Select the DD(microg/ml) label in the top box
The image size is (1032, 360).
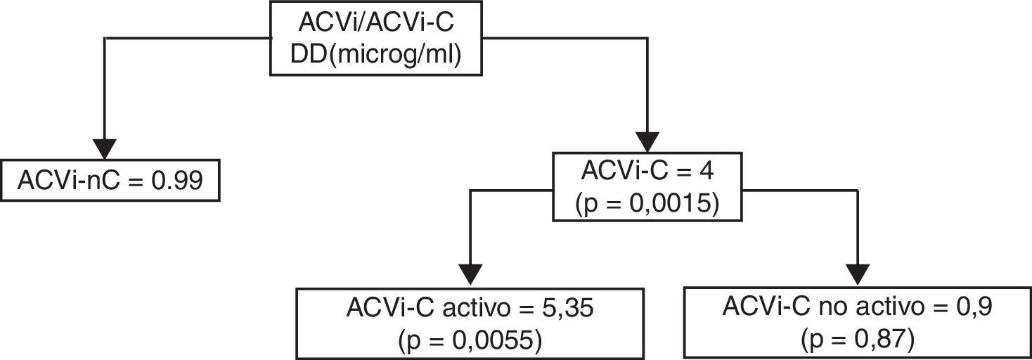coord(377,55)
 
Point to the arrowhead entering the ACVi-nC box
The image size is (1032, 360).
coord(104,148)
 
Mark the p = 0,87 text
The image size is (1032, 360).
coord(857,340)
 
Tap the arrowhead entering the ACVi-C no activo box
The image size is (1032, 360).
coord(858,274)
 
